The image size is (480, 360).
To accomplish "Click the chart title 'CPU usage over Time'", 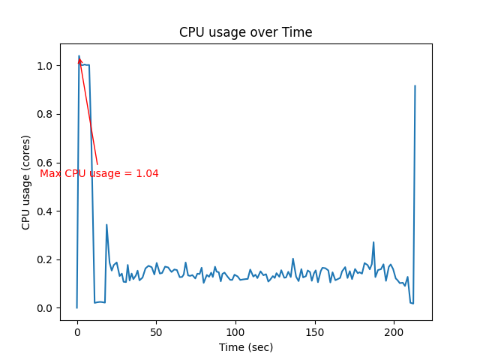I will click(245, 33).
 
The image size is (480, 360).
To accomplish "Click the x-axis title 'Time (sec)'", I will click(245, 347).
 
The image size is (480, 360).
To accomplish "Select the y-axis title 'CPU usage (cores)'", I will click(26, 182).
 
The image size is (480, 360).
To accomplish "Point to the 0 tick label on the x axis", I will click(76, 331).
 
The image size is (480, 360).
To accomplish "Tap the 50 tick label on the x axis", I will click(156, 331).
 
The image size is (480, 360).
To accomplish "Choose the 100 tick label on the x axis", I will click(235, 331).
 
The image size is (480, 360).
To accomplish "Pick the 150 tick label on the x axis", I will click(315, 331).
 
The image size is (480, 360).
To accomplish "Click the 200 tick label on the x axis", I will click(394, 331).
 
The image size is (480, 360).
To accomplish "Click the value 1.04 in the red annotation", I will click(147, 174).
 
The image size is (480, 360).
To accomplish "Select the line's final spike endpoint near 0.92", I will click(415, 85).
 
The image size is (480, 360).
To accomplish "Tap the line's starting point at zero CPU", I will click(76, 307).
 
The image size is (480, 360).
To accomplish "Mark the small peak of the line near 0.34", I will click(106, 224).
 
